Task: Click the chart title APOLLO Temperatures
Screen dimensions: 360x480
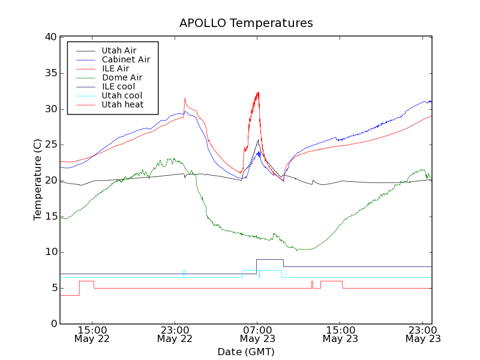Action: click(x=246, y=23)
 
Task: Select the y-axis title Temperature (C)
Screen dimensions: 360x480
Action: click(x=37, y=180)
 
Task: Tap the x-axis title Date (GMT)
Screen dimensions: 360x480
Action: click(x=246, y=352)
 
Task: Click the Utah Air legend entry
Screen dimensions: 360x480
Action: click(x=119, y=50)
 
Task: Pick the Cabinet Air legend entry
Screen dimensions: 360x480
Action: click(x=125, y=59)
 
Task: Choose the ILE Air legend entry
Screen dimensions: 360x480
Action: click(x=115, y=68)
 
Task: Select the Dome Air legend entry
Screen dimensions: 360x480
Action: click(x=122, y=77)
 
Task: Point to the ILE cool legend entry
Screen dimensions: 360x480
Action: click(x=118, y=86)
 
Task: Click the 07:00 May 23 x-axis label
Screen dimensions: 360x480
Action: click(x=257, y=334)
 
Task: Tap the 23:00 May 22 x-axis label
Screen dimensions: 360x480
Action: click(x=175, y=334)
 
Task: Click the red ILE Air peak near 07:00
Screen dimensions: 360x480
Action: click(x=258, y=92)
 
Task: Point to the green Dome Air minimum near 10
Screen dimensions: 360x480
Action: click(x=303, y=250)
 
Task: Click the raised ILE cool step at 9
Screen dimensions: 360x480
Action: click(x=269, y=259)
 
